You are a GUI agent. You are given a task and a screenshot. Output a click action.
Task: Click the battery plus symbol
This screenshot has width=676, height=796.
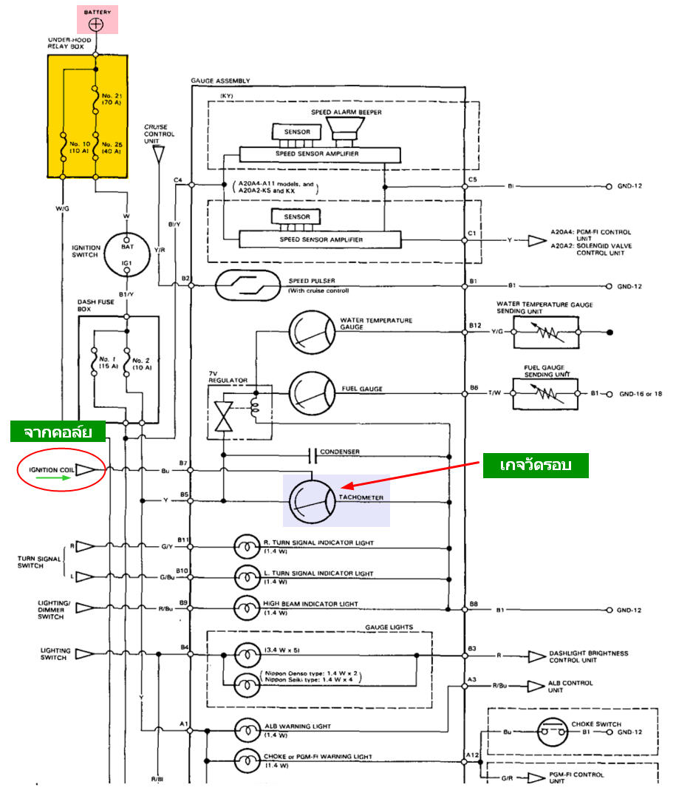[96, 24]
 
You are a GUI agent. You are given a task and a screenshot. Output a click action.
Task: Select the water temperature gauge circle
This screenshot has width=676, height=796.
[311, 329]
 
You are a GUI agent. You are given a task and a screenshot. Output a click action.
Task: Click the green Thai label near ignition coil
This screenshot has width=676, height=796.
[57, 432]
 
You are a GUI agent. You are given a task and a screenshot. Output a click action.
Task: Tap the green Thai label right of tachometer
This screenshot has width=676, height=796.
[535, 466]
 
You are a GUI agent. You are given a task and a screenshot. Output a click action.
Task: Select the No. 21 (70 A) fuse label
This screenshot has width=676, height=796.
[111, 101]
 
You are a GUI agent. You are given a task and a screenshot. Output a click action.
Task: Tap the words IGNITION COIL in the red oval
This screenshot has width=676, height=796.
[52, 470]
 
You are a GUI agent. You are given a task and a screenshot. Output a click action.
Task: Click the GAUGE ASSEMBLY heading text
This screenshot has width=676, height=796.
[220, 81]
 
